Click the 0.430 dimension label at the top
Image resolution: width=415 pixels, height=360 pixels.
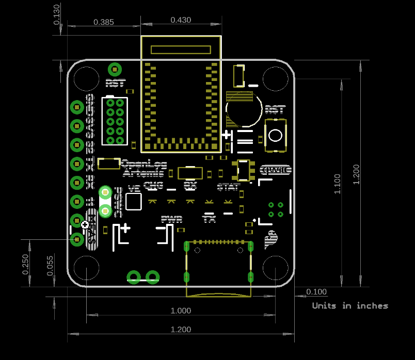coord(181,20)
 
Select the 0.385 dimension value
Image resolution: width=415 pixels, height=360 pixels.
coord(104,22)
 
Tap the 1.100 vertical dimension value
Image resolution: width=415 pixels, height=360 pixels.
coord(337,184)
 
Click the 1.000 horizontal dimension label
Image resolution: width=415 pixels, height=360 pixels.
coord(181,310)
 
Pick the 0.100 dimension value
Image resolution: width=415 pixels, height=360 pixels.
coord(316,292)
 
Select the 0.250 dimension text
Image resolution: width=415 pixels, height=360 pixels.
coord(25,264)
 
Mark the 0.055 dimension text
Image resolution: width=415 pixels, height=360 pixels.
coord(50,266)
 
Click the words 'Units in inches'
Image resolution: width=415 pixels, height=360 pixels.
coord(350,306)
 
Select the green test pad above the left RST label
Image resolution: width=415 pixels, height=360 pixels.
coord(115,69)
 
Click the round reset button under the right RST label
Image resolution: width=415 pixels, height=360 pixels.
coord(275,136)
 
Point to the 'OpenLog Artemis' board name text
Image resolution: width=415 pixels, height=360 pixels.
coord(144,169)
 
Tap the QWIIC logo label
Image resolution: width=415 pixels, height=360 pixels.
coord(275,170)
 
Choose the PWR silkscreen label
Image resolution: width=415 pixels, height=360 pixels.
coord(172,219)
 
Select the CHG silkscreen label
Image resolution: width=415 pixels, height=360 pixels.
coord(153,185)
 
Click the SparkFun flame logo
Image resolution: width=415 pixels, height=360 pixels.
coord(270,239)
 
